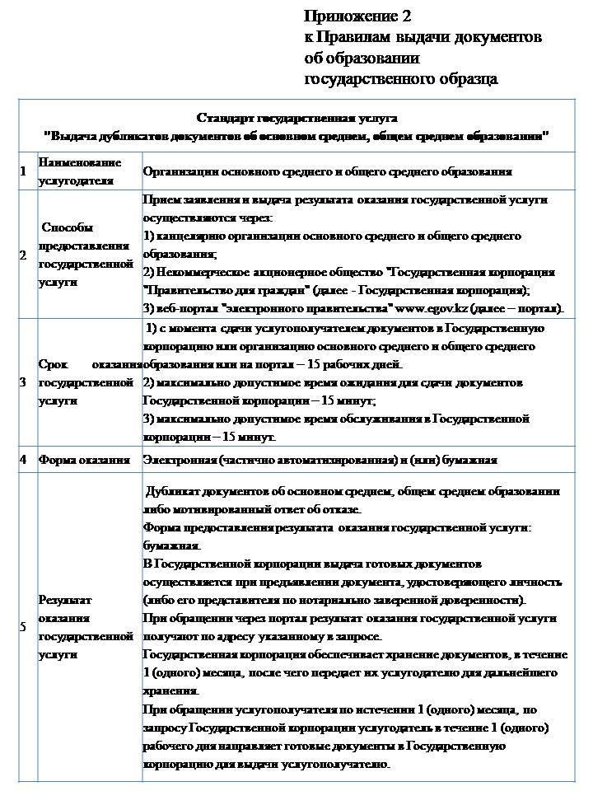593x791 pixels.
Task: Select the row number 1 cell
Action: (x=23, y=171)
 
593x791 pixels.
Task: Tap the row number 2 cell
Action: (x=23, y=255)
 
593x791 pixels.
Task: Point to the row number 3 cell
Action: (x=23, y=382)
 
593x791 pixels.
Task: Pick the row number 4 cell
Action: (x=23, y=459)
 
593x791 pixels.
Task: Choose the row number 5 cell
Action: (x=23, y=626)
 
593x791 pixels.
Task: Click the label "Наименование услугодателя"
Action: (x=79, y=171)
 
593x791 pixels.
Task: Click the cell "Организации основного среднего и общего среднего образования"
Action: (x=327, y=172)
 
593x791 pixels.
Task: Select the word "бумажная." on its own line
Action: (x=171, y=545)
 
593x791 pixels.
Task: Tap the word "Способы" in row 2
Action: (x=67, y=227)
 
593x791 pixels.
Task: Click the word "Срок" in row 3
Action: (x=53, y=364)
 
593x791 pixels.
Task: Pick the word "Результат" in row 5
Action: (x=65, y=600)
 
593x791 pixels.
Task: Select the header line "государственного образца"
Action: (x=401, y=79)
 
